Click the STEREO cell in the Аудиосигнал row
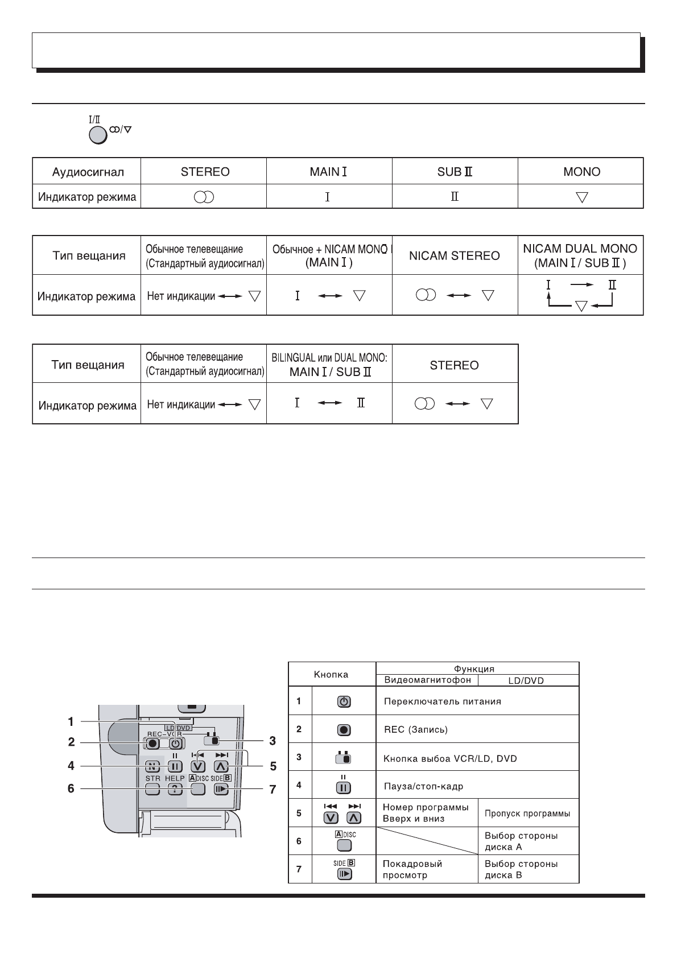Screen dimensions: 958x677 [205, 172]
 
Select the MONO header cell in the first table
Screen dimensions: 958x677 [581, 172]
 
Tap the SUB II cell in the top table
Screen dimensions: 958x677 [455, 172]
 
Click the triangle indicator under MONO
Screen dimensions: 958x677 [581, 197]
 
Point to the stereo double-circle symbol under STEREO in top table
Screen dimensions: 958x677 [204, 197]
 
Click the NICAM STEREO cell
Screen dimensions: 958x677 [455, 255]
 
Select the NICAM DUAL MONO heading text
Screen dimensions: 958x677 [580, 249]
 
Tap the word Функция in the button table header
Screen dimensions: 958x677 [478, 669]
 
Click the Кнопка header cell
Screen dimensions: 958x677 [331, 675]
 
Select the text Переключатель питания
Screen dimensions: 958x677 [443, 701]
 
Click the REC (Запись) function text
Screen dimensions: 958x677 [416, 730]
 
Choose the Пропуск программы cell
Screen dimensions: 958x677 [527, 814]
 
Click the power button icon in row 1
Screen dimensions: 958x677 [344, 702]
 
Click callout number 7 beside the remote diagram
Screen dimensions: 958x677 [273, 790]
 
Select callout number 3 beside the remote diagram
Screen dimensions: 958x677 [273, 741]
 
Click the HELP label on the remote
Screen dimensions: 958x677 [175, 778]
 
